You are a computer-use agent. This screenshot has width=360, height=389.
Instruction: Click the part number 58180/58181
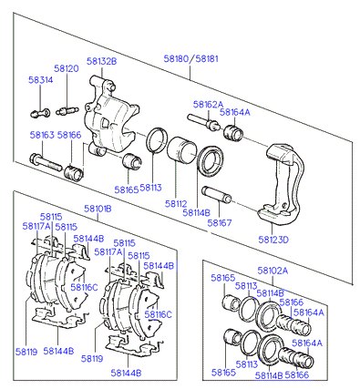tap(190, 58)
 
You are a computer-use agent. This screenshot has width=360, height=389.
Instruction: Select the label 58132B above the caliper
tap(101, 61)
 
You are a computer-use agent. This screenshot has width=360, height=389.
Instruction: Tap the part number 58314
tap(41, 80)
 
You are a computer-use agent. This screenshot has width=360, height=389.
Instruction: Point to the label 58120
tap(67, 68)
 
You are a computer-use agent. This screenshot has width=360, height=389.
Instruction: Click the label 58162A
tap(208, 105)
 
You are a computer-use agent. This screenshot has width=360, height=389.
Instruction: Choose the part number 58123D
tap(273, 240)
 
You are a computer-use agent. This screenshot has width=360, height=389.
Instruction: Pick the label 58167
tap(220, 223)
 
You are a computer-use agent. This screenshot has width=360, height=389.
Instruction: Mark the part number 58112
tap(176, 203)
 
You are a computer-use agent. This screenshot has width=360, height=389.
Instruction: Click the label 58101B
tap(98, 209)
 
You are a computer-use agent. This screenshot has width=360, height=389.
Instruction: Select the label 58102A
tap(273, 271)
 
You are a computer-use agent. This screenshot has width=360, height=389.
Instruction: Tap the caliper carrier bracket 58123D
tap(281, 183)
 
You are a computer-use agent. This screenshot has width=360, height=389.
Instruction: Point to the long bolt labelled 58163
tap(46, 163)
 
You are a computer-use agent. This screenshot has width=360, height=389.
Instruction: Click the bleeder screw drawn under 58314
tap(40, 113)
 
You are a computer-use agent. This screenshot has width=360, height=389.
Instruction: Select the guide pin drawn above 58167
tap(217, 195)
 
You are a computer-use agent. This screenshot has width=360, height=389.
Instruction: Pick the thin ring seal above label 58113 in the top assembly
tap(157, 140)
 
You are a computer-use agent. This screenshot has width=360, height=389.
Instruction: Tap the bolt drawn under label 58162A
tap(204, 122)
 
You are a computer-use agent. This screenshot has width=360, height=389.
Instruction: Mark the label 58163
tap(42, 135)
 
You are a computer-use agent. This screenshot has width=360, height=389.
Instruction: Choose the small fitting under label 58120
tap(67, 110)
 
